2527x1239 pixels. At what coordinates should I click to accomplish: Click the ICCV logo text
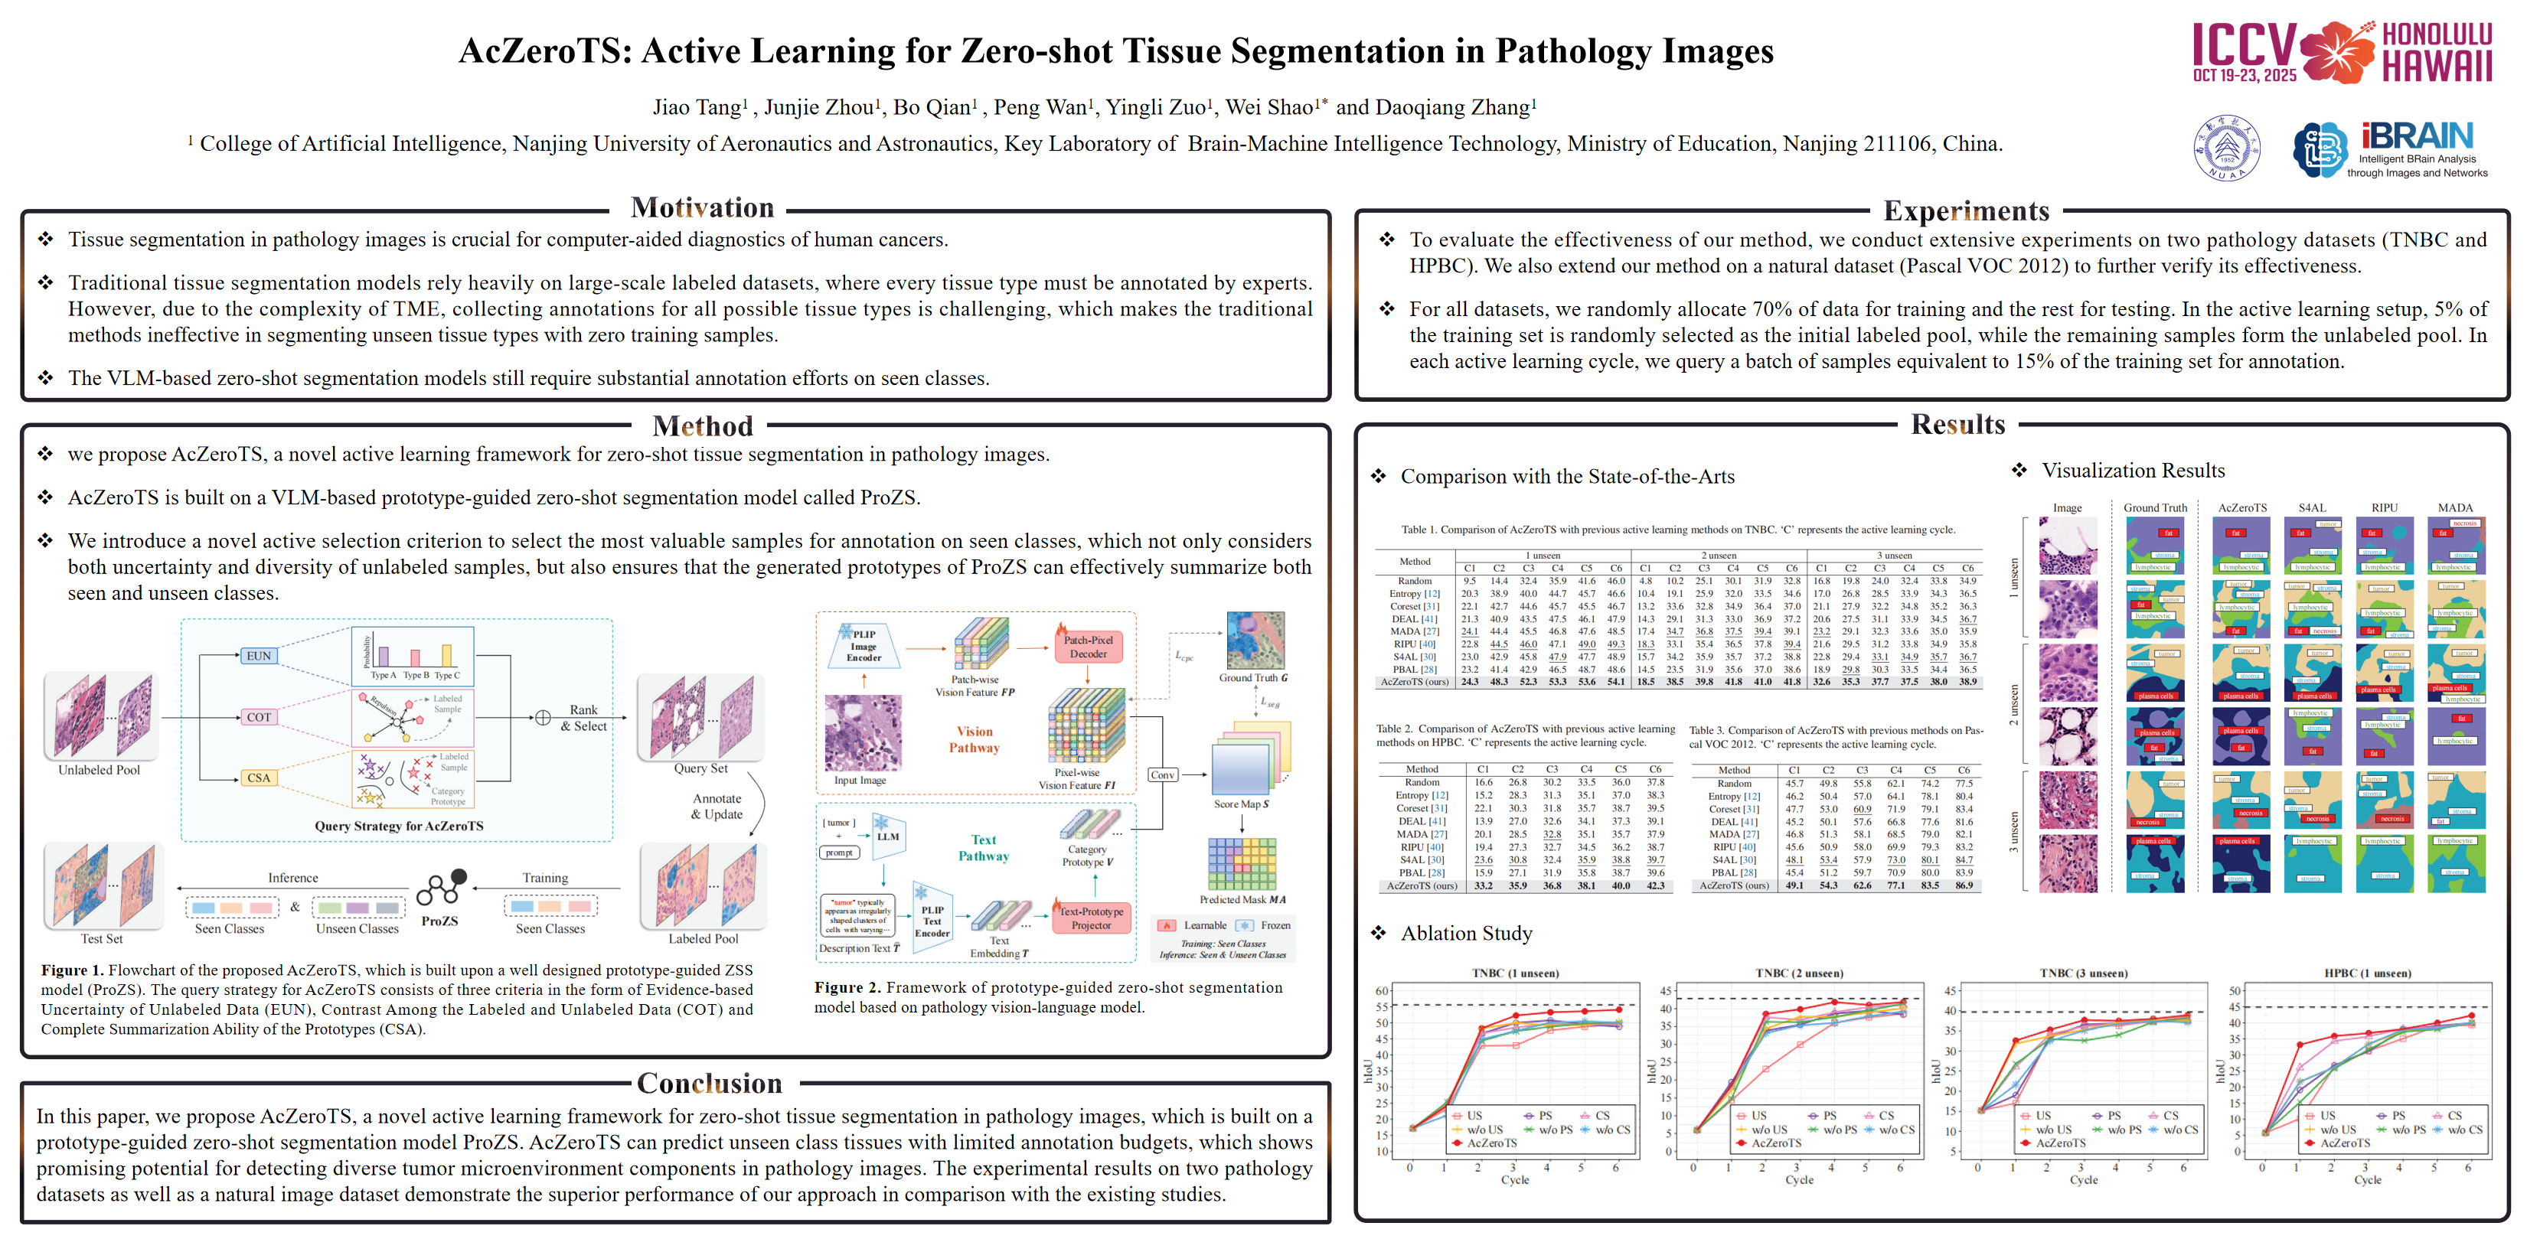coord(2244,46)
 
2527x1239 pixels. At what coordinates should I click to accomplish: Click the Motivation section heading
coord(703,208)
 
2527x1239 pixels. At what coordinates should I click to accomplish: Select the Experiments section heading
coord(1966,211)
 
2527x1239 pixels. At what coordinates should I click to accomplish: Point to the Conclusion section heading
coord(709,1083)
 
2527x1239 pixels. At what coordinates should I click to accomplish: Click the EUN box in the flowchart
coord(259,655)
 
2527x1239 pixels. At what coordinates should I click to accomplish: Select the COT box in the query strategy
coord(259,717)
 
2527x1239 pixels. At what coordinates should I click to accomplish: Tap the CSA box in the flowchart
coord(259,778)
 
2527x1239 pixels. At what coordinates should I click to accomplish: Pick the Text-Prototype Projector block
coord(1091,918)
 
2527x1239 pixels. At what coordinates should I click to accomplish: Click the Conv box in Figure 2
coord(1163,775)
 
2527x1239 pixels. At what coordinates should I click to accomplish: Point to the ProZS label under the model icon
coord(439,921)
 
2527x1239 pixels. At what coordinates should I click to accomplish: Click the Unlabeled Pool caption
coord(99,770)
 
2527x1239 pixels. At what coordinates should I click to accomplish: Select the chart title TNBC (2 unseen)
coord(1798,973)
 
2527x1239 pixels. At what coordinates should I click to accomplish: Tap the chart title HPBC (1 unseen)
coord(2367,973)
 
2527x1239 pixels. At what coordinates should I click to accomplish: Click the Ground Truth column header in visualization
coord(2155,507)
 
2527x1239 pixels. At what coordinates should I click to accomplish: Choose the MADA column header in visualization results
coord(2454,507)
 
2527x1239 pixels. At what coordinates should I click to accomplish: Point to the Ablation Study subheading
coord(1465,933)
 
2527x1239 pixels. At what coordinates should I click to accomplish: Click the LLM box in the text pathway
coord(888,836)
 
